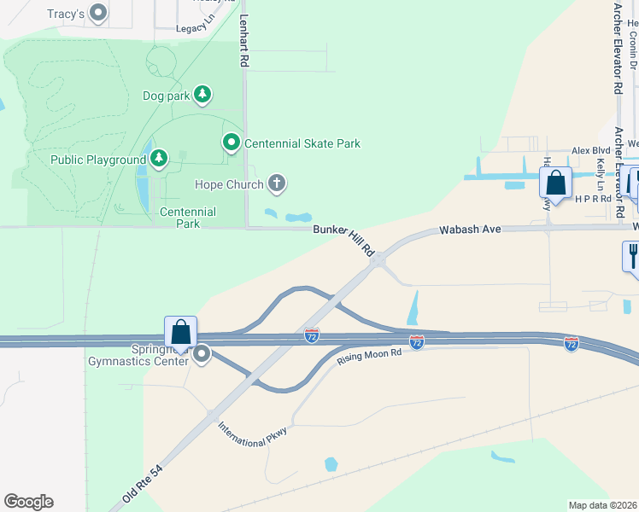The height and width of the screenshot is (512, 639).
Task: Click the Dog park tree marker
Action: tap(202, 95)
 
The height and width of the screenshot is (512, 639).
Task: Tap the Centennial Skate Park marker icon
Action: tap(231, 143)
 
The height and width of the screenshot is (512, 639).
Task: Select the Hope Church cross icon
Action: tap(276, 183)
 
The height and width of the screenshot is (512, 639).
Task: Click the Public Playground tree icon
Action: tap(160, 158)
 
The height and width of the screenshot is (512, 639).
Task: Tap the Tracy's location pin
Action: tap(99, 13)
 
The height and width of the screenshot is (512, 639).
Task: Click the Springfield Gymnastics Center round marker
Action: tap(202, 353)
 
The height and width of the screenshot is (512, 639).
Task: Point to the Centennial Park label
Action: tap(188, 218)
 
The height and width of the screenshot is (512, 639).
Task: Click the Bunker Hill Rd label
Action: tap(344, 239)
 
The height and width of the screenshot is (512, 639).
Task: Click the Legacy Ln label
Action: tap(192, 28)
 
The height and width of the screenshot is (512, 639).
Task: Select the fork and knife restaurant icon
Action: tap(632, 255)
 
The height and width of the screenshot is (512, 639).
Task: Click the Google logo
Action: tap(28, 502)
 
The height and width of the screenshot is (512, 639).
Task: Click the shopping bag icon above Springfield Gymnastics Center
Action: tap(181, 331)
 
